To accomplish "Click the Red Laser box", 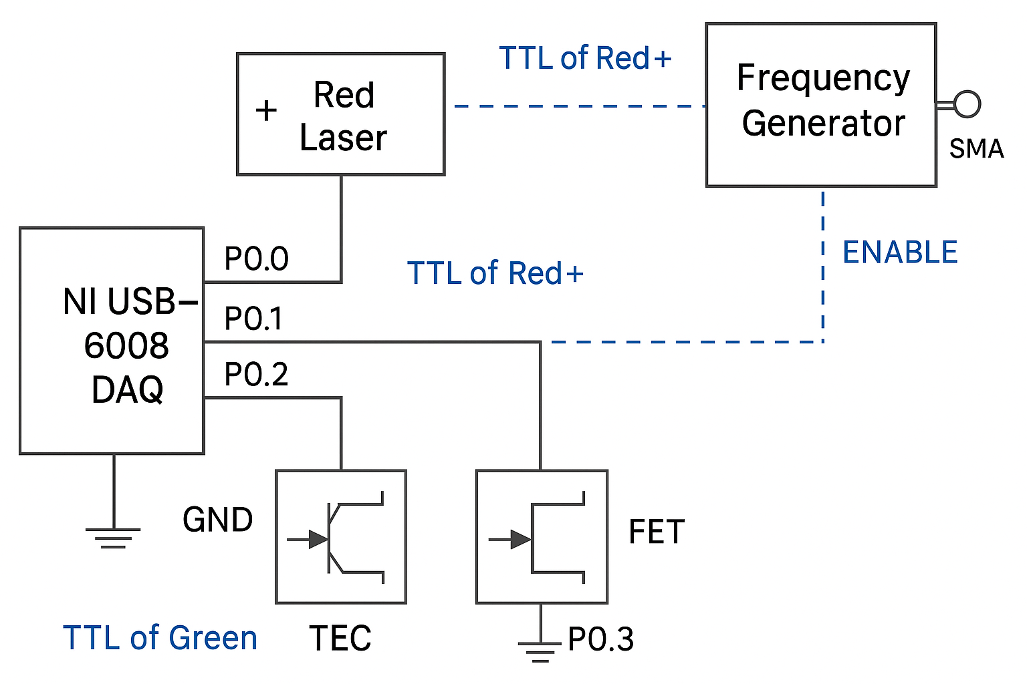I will pyautogui.click(x=341, y=114).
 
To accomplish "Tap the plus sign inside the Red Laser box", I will pyautogui.click(x=266, y=110).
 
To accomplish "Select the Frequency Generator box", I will pyautogui.click(x=821, y=105).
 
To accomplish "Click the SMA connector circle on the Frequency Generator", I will pyautogui.click(x=967, y=104).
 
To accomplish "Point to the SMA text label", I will pyautogui.click(x=976, y=149).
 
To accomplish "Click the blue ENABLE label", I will pyautogui.click(x=900, y=252).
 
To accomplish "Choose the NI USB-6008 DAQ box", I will pyautogui.click(x=112, y=341).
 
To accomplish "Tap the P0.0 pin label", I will pyautogui.click(x=256, y=259).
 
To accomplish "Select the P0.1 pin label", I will pyautogui.click(x=253, y=319).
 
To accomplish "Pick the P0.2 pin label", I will pyautogui.click(x=256, y=375).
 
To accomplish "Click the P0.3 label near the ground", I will pyautogui.click(x=600, y=639).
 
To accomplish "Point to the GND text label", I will pyautogui.click(x=217, y=520).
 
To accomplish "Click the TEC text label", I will pyautogui.click(x=340, y=638).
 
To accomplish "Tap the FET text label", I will pyautogui.click(x=657, y=532).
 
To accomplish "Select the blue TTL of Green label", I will pyautogui.click(x=160, y=638).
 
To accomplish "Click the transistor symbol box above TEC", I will pyautogui.click(x=341, y=537).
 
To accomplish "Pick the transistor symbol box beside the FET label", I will pyautogui.click(x=542, y=537).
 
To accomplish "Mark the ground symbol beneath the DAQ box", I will pyautogui.click(x=113, y=537).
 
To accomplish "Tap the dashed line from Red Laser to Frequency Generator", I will pyautogui.click(x=578, y=106).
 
